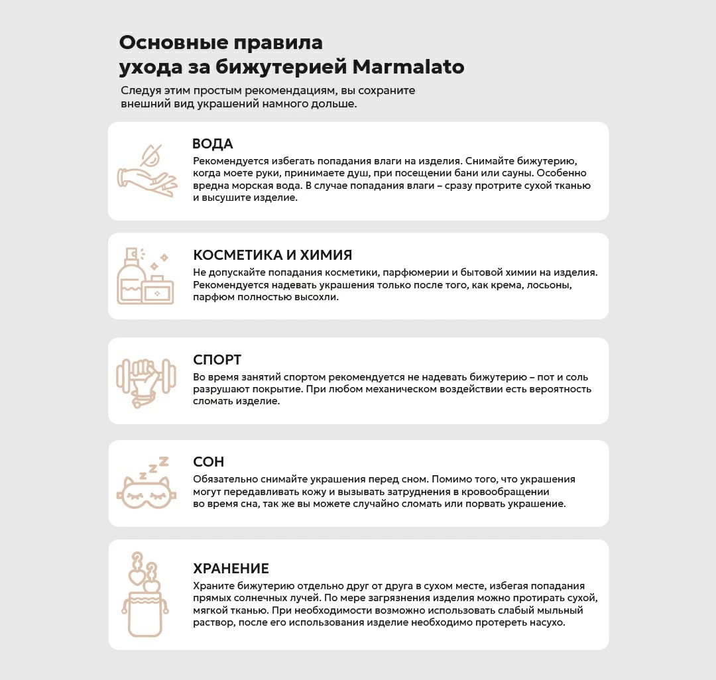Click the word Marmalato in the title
[x=408, y=68]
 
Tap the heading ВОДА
[x=213, y=144]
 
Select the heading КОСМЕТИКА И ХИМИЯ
[x=272, y=255]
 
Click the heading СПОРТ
[x=217, y=360]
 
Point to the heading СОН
[x=209, y=462]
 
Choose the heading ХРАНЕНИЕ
[x=231, y=569]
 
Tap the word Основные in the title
[x=174, y=43]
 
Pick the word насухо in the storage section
[x=546, y=624]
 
